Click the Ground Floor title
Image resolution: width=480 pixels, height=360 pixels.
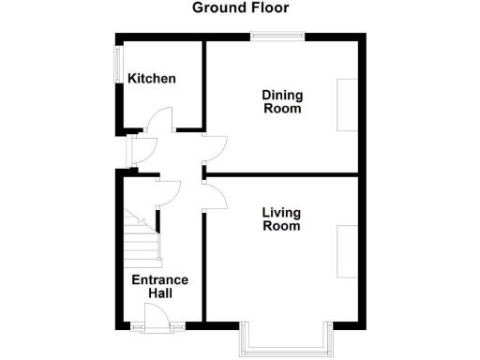click(x=240, y=8)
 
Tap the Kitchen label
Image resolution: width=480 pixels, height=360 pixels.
click(x=152, y=79)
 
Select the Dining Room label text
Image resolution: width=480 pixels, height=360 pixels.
click(x=281, y=101)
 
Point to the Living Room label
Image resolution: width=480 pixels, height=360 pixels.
click(x=281, y=218)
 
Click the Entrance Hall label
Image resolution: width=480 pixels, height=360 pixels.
click(x=159, y=287)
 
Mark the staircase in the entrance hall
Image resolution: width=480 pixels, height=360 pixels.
click(x=141, y=239)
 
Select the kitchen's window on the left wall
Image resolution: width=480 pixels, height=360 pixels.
click(x=117, y=67)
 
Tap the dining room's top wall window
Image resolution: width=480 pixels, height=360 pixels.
click(x=277, y=37)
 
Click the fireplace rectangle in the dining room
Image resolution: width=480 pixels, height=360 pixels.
click(x=347, y=105)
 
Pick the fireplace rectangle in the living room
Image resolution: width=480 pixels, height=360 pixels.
click(x=347, y=251)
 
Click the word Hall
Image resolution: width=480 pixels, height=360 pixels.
click(x=159, y=293)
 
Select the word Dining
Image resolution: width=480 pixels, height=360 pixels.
click(x=281, y=95)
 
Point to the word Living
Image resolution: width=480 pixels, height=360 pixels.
click(x=281, y=212)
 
